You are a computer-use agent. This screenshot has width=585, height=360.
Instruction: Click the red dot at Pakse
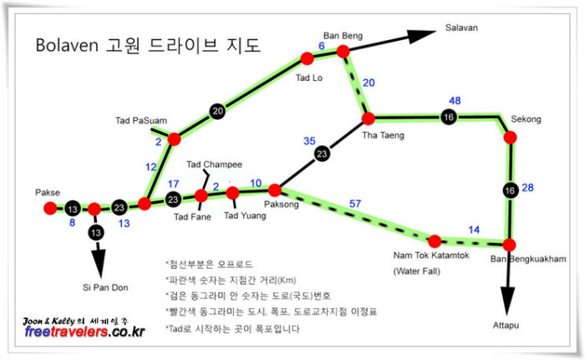pos(50,208)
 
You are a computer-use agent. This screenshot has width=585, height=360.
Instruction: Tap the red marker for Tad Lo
pos(307,58)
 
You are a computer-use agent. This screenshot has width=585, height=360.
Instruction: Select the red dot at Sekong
pos(510,137)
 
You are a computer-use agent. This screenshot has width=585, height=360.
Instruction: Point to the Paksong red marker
pos(275,190)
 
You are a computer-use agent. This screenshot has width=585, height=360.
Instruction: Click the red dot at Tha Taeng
pos(369,119)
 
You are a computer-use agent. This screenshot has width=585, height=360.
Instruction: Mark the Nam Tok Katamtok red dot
pos(435,241)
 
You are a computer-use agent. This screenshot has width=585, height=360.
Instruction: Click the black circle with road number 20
pos(217,111)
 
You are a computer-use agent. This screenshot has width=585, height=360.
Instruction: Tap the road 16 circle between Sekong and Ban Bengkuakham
pos(510,190)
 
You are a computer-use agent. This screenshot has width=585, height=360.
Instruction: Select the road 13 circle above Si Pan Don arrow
pos(96,233)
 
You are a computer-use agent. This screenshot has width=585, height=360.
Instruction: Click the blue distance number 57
pos(355,203)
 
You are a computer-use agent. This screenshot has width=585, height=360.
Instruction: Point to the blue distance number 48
pos(455,100)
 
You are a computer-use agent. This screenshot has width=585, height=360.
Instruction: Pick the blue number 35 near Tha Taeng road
pos(309,140)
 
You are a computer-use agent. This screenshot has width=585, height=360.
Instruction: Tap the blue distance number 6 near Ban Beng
pos(321,46)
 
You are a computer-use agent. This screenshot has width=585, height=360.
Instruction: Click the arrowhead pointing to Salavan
pos(421,35)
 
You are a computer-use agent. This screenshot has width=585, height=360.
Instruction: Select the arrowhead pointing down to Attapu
pos(506,302)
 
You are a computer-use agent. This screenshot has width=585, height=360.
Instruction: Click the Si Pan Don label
pos(105,287)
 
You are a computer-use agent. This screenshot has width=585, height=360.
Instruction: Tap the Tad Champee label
pos(214,165)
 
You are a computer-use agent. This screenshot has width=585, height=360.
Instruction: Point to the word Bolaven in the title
pos(67,45)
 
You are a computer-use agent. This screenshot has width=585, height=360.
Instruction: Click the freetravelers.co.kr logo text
pos(84,332)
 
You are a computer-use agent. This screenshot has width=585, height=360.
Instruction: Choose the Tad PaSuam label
pos(141,120)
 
